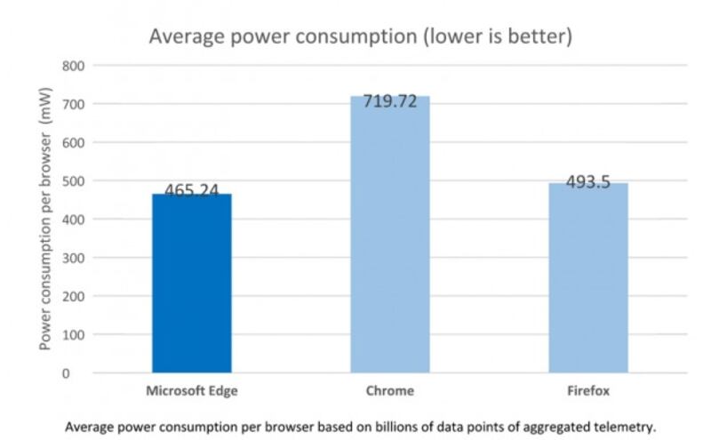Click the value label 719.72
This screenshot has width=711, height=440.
(x=389, y=102)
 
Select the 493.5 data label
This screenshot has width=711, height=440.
(x=587, y=182)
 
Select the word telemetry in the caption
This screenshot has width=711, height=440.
(x=626, y=427)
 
